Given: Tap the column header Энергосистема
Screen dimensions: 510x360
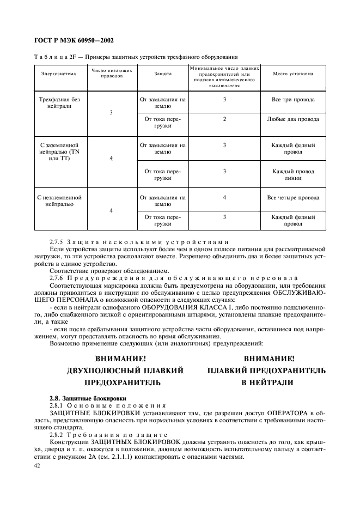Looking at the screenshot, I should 58,73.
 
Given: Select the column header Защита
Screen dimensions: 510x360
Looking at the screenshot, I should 163,73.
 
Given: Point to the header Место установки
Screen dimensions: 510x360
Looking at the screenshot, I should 293,73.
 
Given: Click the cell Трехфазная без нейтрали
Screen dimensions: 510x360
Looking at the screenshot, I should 59,104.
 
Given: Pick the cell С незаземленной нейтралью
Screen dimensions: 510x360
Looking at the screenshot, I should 59,202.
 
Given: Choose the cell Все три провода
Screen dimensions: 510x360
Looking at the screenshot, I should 293,100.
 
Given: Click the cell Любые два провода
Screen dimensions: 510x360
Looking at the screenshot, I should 293,119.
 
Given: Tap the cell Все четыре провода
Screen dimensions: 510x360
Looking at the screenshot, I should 293,197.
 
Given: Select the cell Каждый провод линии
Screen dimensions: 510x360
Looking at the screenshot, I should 293,174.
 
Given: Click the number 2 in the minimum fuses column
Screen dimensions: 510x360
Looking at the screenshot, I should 224,119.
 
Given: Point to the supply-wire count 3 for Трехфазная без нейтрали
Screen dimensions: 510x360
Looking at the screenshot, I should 111,112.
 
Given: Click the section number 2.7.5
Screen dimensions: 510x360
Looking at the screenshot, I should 57,241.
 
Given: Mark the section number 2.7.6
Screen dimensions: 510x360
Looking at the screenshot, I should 57,277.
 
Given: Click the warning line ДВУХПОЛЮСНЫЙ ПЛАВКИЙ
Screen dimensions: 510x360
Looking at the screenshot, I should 125,371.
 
